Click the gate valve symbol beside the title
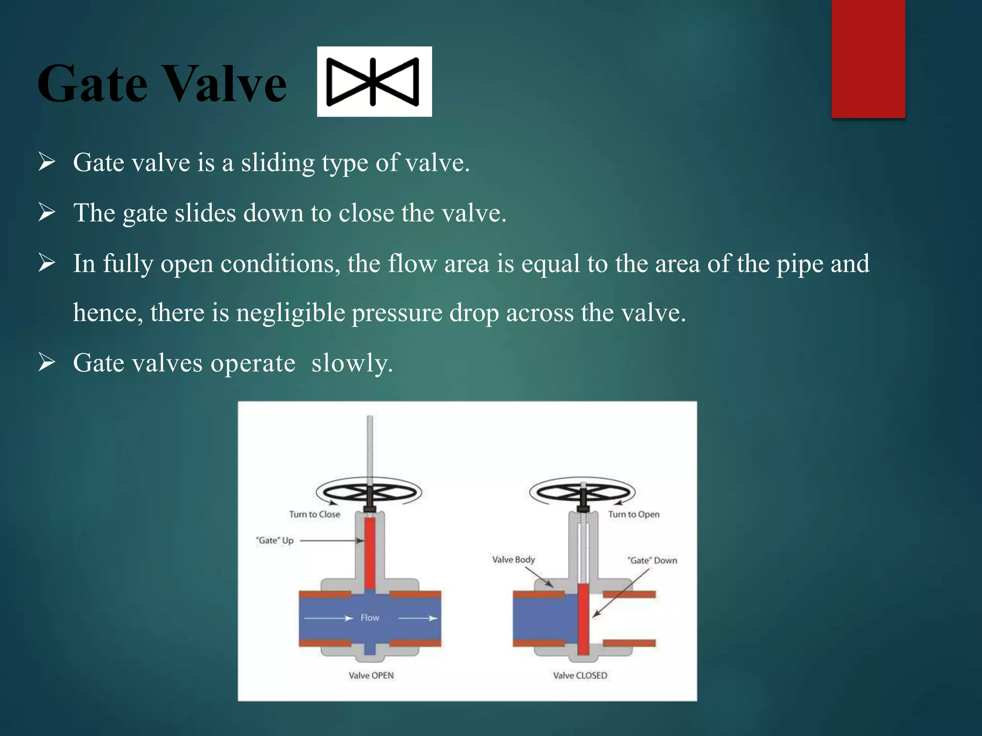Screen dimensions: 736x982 pos(374,81)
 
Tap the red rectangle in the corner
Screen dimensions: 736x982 pos(868,58)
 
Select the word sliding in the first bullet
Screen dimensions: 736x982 pos(278,163)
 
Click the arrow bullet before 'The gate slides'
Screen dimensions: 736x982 pos(47,212)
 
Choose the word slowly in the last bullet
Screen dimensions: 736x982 pos(352,363)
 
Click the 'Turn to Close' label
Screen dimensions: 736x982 pos(315,514)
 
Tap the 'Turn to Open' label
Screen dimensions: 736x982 pos(634,514)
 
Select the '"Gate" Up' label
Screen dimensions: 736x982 pos(275,540)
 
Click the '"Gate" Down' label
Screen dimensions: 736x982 pos(652,560)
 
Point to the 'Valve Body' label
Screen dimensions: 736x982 pos(514,559)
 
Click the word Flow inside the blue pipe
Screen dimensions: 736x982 pos(370,618)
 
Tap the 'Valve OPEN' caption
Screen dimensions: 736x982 pos(371,675)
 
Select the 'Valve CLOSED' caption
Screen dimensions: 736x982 pos(580,675)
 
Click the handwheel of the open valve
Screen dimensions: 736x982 pos(369,493)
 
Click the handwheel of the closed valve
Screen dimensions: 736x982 pos(583,493)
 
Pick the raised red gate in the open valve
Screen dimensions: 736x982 pos(370,553)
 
